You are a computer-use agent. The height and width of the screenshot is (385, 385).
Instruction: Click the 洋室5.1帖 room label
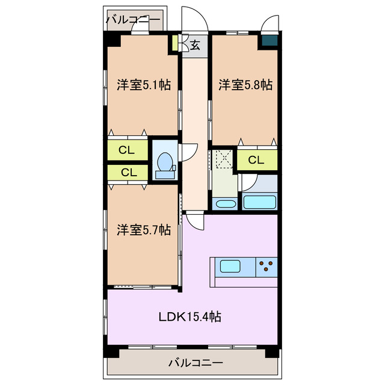coord(144,85)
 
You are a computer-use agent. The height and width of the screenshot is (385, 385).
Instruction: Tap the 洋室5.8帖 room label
coord(245,85)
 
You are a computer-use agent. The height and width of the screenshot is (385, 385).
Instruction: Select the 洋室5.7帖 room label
coord(144,230)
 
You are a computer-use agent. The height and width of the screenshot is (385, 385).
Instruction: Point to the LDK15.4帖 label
coord(189,316)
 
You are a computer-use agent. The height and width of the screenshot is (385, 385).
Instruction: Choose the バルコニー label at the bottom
coord(196,363)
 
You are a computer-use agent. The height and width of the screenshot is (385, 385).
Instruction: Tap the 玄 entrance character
coord(196,44)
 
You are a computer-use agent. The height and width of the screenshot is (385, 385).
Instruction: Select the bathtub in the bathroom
coord(259,202)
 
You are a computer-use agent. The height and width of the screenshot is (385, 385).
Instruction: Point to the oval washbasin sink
coord(225,203)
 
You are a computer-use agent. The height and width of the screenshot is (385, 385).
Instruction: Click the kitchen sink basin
coord(231,265)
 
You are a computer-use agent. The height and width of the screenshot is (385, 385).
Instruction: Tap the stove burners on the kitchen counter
coord(267,265)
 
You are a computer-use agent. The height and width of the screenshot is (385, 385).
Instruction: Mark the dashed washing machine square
coord(223,159)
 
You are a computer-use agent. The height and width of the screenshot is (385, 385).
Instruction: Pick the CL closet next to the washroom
coord(256,160)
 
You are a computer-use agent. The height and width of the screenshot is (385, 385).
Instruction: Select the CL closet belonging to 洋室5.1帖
coord(126,150)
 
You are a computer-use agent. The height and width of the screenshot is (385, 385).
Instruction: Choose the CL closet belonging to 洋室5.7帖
coord(128,172)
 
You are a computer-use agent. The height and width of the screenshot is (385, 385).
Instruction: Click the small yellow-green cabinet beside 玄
coord(174,44)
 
